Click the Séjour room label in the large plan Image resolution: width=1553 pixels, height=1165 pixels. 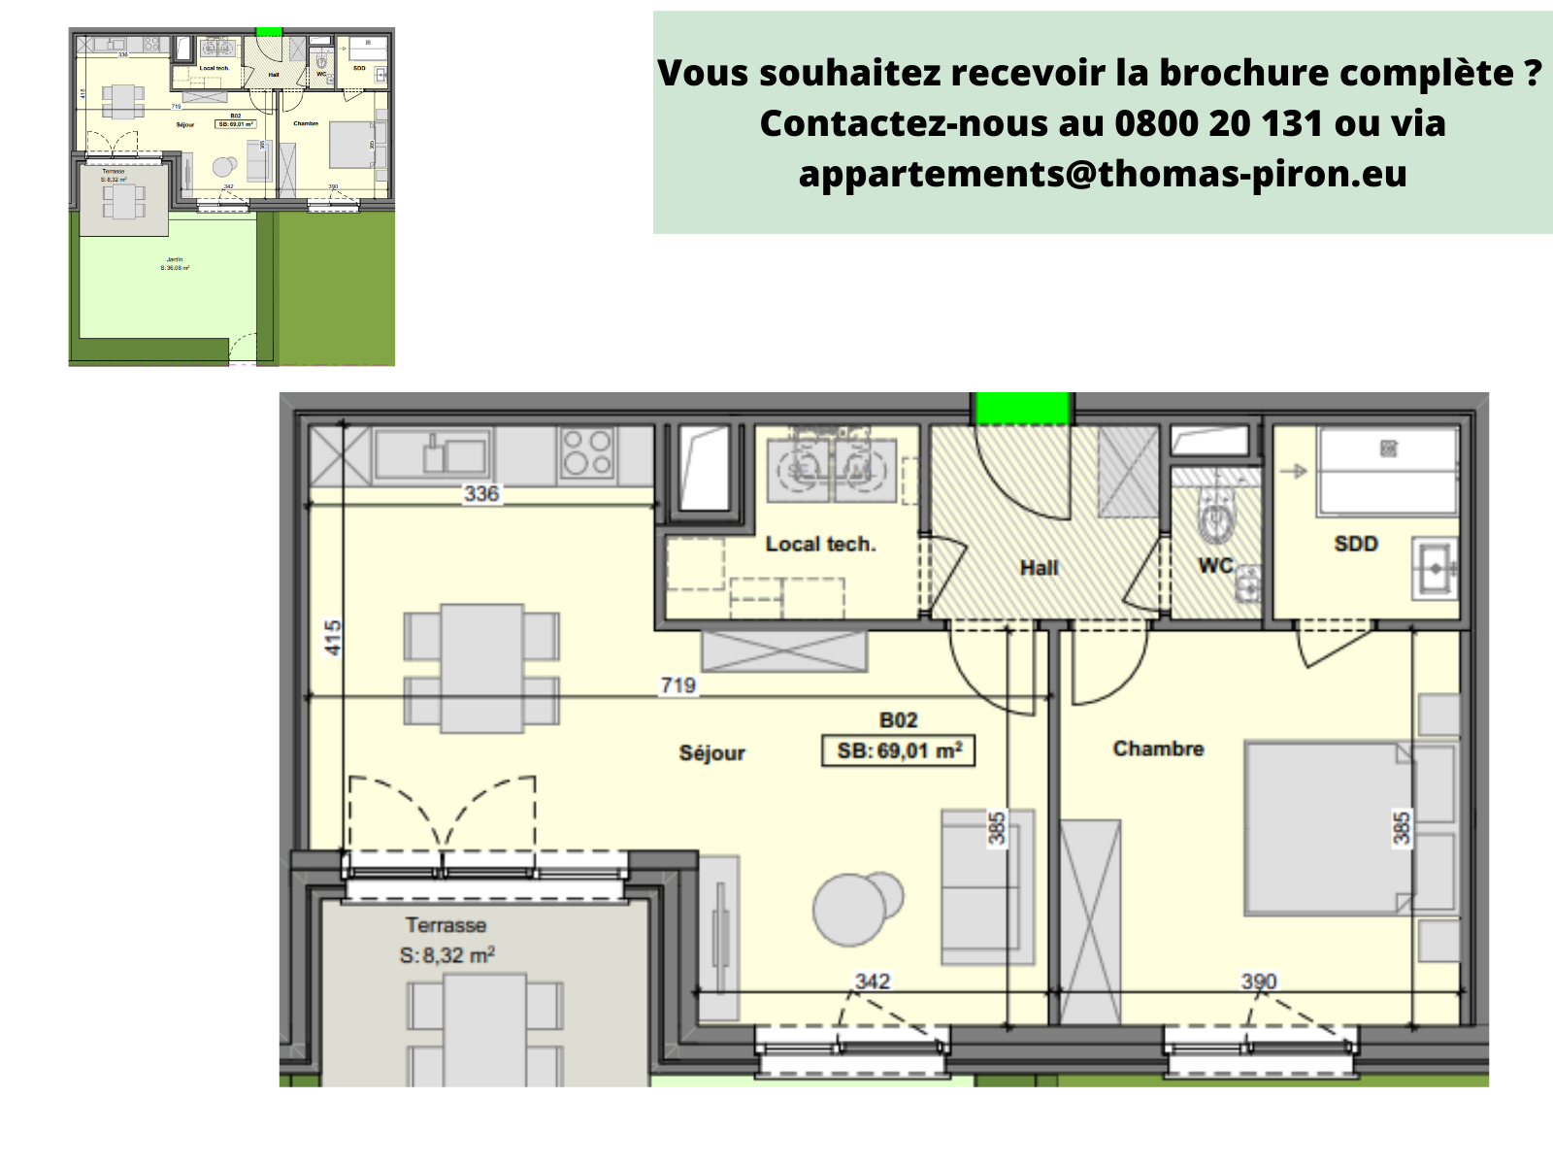(711, 752)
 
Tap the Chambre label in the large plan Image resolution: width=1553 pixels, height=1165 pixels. (1158, 749)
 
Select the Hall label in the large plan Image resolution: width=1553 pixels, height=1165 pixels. (1039, 568)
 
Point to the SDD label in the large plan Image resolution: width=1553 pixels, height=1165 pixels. (1356, 544)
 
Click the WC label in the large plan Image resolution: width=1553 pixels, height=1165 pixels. (1214, 565)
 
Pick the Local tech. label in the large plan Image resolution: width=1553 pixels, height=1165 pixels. (820, 545)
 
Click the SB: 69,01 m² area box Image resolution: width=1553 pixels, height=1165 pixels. (899, 750)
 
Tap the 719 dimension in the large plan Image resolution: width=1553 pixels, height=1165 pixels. (677, 685)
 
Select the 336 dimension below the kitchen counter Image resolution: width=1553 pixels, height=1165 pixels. (481, 493)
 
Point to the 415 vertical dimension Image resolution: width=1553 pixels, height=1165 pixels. (333, 638)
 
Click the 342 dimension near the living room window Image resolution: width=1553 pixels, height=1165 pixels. (872, 982)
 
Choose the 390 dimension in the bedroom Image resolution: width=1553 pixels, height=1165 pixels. (1259, 982)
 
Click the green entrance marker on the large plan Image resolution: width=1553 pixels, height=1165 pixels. (1022, 408)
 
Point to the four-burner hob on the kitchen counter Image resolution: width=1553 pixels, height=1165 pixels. (587, 453)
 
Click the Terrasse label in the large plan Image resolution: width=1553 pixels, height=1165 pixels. (446, 925)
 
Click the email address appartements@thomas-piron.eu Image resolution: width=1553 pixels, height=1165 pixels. (1103, 174)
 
